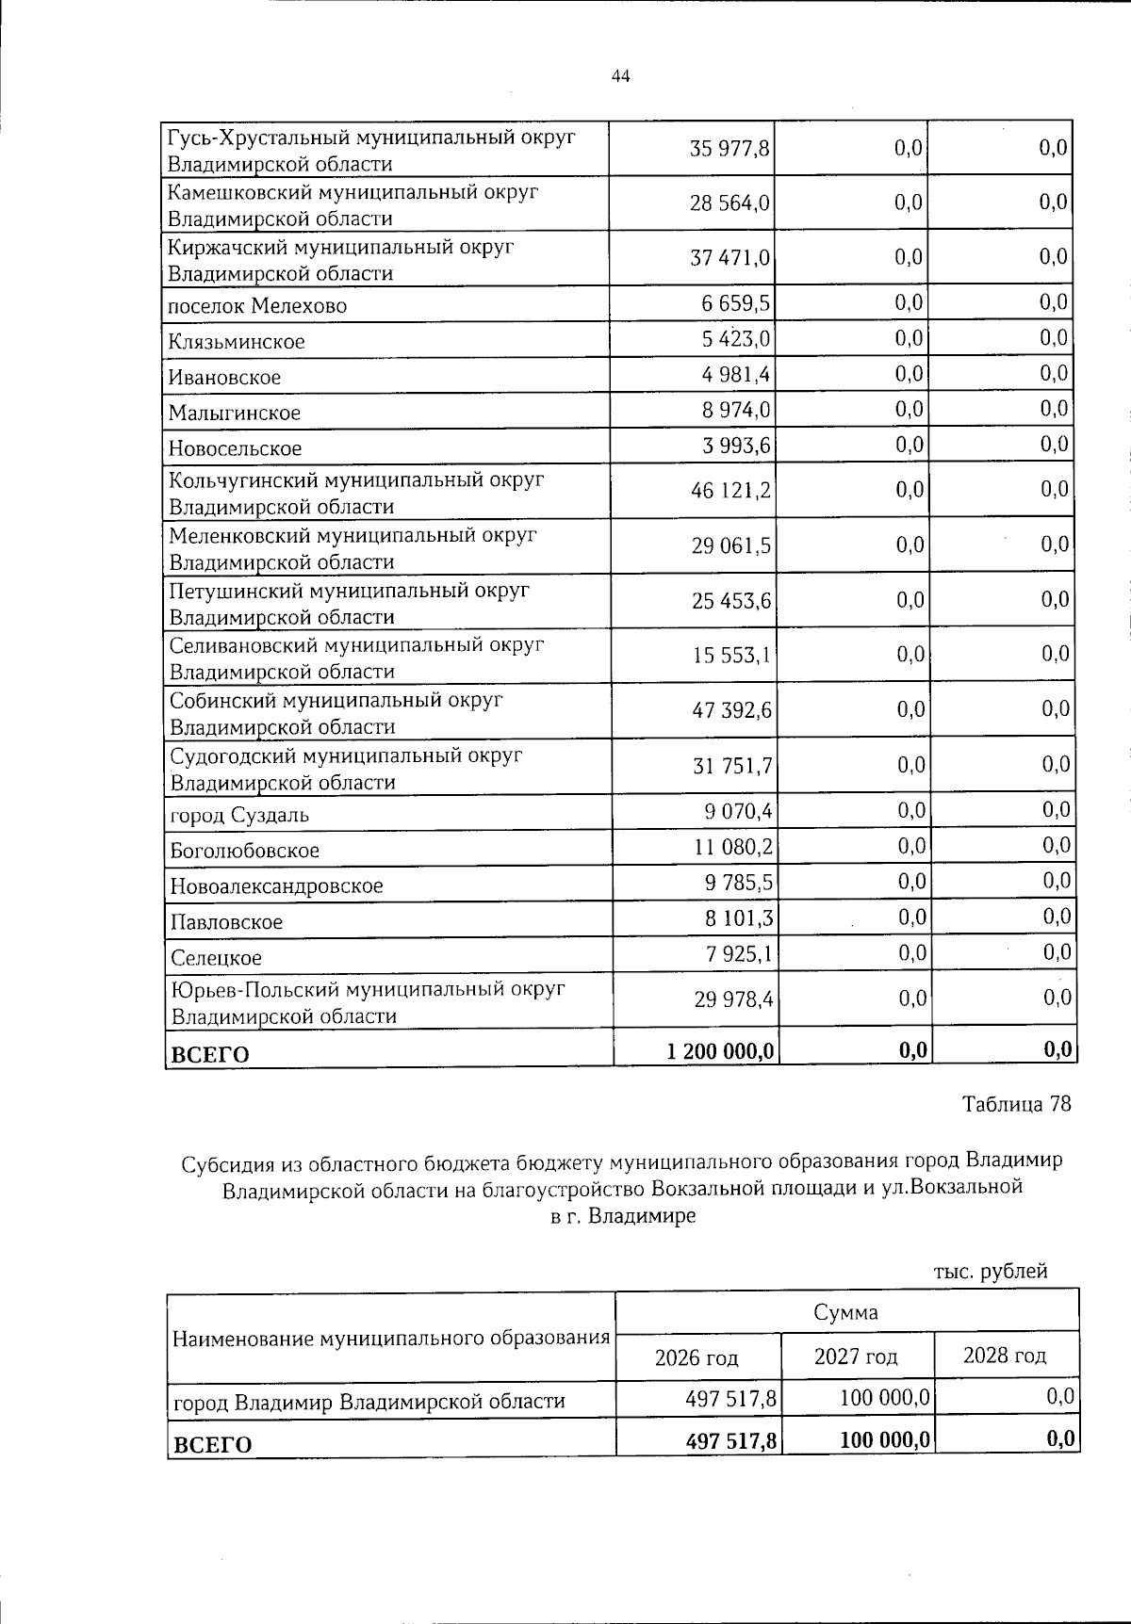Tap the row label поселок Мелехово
click(257, 306)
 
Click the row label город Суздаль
click(239, 815)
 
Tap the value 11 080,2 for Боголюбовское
click(734, 846)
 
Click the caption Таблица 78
click(1016, 1104)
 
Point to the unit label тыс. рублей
click(991, 1272)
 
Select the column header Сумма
click(845, 1312)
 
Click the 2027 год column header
click(856, 1356)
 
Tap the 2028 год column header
click(1005, 1356)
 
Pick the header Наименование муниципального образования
click(390, 1338)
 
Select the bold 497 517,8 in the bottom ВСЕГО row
click(731, 1439)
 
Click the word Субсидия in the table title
click(224, 1161)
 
